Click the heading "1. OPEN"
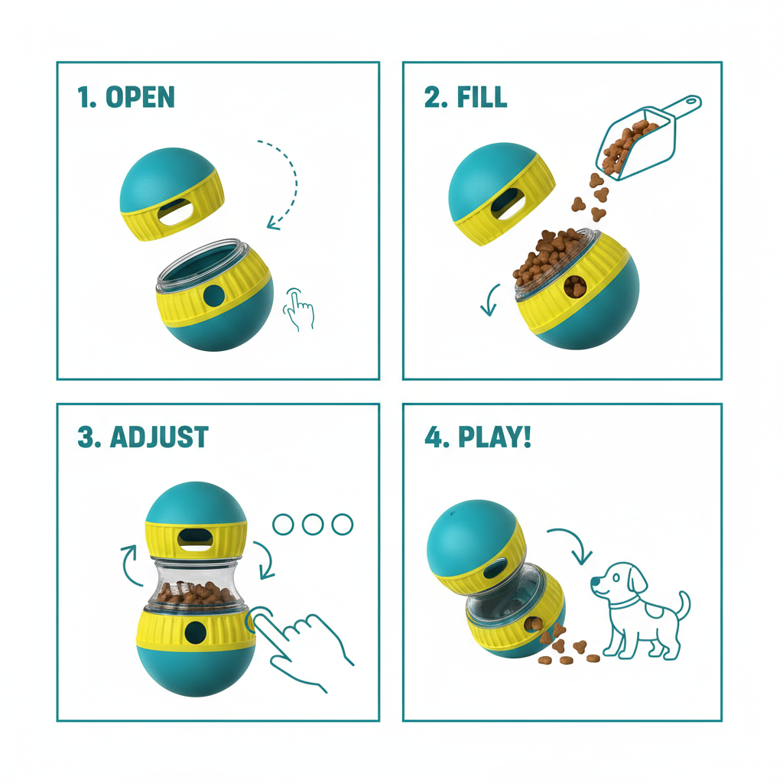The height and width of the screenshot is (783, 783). click(x=126, y=97)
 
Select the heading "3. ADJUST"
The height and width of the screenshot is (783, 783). click(x=142, y=437)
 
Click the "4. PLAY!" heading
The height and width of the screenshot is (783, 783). click(x=478, y=437)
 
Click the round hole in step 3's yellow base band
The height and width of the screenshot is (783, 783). click(x=196, y=631)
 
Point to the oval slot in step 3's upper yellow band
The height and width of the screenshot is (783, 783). click(x=195, y=539)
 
